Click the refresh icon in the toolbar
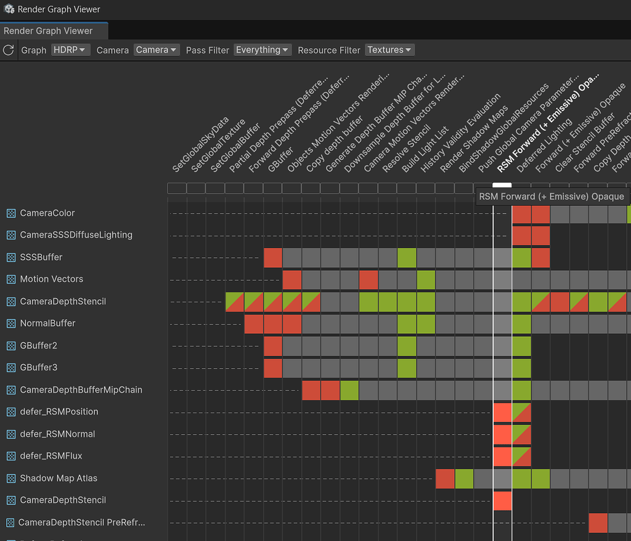[9, 50]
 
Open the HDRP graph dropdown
[71, 50]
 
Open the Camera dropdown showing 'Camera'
[157, 50]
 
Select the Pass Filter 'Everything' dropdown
[262, 50]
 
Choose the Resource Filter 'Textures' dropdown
[389, 50]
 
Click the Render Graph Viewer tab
[48, 31]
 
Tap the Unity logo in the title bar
[9, 9]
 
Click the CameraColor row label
[47, 213]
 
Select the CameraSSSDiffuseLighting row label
[76, 235]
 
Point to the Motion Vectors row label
[51, 279]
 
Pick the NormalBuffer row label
[47, 323]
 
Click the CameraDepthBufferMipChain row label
[81, 390]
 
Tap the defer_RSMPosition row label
[59, 412]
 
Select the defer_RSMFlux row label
[51, 456]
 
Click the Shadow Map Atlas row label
[58, 478]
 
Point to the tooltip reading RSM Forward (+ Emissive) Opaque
[552, 197]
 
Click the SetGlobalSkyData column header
[200, 145]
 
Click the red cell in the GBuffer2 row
[273, 345]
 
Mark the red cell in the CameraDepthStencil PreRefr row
[598, 522]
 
